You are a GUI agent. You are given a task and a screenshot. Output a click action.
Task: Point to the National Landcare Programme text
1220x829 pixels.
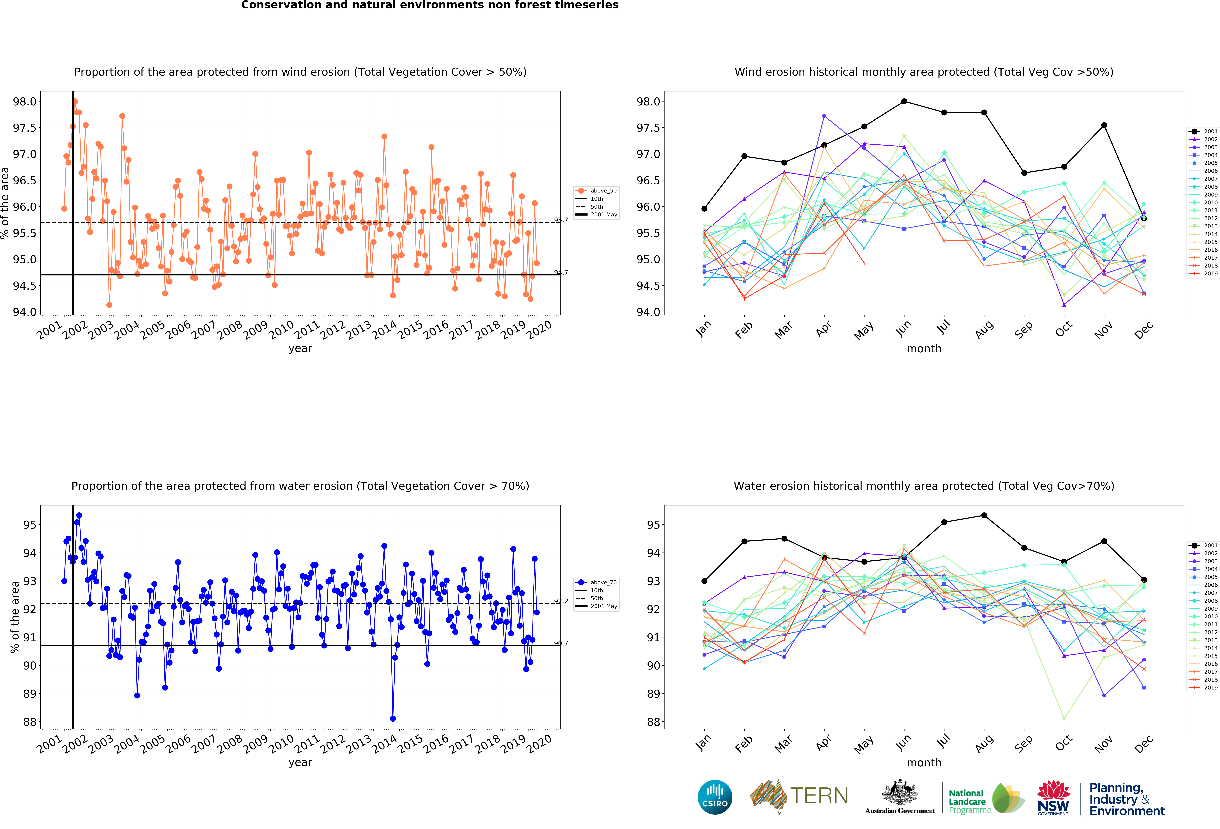(969, 802)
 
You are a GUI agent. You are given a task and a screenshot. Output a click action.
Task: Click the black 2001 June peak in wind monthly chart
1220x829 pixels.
(904, 101)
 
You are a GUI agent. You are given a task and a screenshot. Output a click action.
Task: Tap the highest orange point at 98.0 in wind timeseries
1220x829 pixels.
(75, 101)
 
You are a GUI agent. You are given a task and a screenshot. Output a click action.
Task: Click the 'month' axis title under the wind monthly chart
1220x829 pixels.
(924, 349)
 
